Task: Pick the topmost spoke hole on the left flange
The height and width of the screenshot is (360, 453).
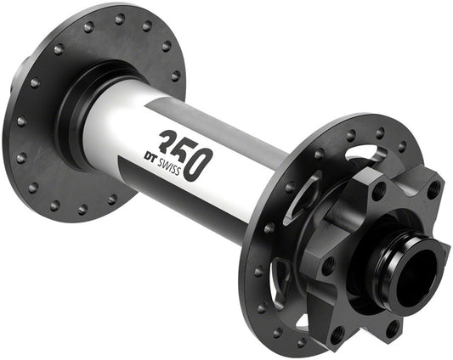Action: tap(120, 19)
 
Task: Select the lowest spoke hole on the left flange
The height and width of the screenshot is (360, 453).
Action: tap(82, 209)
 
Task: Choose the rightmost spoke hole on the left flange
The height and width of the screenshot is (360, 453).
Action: tap(177, 75)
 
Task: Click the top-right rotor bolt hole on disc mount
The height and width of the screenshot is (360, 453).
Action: tap(433, 190)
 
